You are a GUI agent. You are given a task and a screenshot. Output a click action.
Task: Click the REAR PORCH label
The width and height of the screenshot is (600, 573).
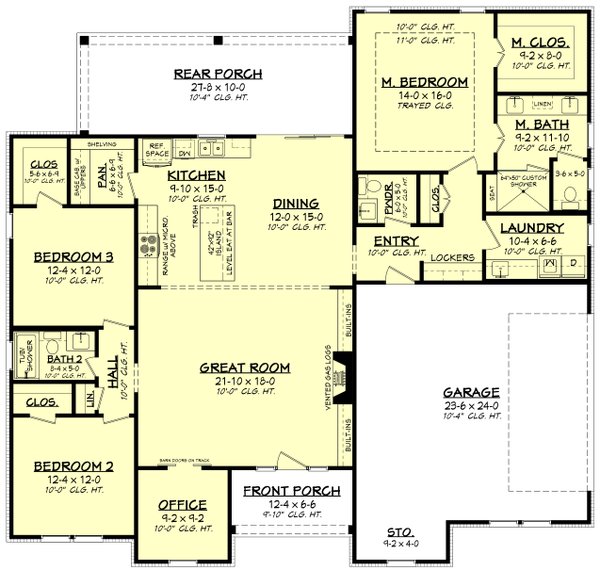pos(217,74)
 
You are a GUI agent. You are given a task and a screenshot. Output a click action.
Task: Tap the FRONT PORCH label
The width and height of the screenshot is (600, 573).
pos(292,491)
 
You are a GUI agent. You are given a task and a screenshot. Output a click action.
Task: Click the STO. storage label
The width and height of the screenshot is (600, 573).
pos(399,532)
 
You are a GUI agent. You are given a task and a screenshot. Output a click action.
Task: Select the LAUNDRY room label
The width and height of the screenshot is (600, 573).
pos(531,228)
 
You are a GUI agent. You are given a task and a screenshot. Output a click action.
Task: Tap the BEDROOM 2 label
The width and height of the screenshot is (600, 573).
pos(69,466)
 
